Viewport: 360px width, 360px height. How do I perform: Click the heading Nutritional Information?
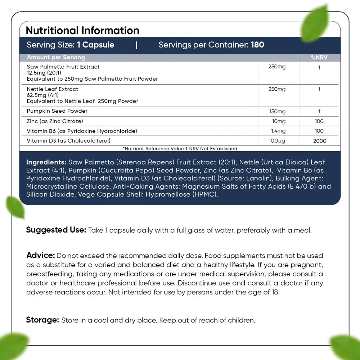pos(82,30)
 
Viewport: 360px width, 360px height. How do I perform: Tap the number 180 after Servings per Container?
pos(257,45)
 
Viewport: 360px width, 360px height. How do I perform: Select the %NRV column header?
pos(319,58)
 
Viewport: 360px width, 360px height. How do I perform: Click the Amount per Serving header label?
pos(56,57)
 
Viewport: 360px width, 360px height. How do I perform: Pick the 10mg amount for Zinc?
pos(279,121)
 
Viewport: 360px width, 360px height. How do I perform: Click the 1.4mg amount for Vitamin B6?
pos(278,131)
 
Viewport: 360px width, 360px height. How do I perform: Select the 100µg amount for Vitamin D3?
pos(277,141)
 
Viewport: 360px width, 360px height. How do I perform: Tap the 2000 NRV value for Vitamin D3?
pos(319,141)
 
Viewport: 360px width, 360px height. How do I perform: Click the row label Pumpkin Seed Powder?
pos(57,111)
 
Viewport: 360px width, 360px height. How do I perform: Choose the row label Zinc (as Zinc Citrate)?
pos(55,121)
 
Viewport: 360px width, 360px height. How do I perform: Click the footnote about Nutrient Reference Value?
pos(180,148)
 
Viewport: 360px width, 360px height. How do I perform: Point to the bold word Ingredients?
pos(46,162)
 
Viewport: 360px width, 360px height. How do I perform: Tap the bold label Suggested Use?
pos(56,230)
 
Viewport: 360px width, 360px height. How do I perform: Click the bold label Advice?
pos(40,255)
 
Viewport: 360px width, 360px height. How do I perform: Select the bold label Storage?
pos(42,320)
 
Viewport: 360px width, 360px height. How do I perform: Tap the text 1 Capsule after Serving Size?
pos(95,45)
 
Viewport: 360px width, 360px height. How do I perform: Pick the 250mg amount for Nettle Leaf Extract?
pos(277,89)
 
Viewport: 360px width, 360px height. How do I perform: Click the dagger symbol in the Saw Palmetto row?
pos(319,67)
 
